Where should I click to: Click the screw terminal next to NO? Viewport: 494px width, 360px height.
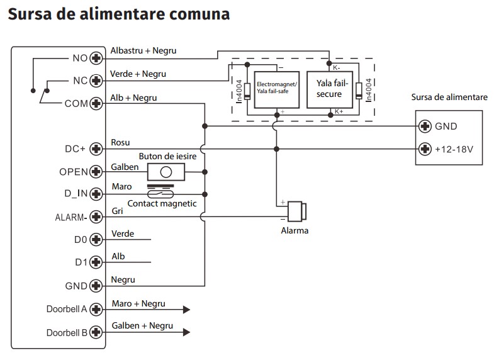point(96,58)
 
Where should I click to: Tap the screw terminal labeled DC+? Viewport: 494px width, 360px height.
point(96,149)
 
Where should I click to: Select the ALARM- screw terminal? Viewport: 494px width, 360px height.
point(96,217)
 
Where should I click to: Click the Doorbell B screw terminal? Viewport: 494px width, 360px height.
point(96,332)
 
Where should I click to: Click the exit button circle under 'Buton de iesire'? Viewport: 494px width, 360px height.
point(166,172)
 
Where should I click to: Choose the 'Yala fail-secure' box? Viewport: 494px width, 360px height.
point(330,89)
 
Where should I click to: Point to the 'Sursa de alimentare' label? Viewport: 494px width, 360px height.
point(449,98)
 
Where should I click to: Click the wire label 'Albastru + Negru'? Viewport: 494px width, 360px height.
point(143,50)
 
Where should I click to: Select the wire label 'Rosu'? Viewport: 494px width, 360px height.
point(120,143)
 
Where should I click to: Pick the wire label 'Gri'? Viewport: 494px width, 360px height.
point(117,211)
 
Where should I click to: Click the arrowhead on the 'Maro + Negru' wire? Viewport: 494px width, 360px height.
point(186,309)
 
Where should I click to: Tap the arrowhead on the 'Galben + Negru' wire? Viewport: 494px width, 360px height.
point(186,332)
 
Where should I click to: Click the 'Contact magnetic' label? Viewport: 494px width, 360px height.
point(162,203)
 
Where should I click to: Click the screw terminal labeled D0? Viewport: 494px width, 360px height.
point(96,240)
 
